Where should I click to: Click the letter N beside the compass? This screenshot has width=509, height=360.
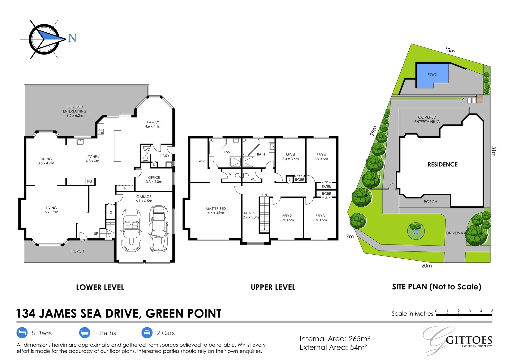(72, 38)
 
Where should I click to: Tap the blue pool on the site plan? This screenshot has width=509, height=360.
(432, 75)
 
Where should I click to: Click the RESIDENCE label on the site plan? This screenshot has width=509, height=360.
(442, 164)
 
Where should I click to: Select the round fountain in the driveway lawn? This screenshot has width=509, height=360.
(416, 231)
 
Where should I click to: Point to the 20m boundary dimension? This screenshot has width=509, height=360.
(426, 266)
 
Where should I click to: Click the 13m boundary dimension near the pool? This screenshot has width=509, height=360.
(450, 50)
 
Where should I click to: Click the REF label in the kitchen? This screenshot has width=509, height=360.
(90, 181)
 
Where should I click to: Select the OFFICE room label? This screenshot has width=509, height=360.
(154, 178)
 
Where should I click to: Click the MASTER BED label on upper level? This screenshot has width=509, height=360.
(216, 209)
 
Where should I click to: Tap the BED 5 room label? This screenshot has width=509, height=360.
(290, 155)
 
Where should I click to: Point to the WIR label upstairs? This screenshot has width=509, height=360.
(201, 161)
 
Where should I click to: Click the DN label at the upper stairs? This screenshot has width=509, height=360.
(264, 195)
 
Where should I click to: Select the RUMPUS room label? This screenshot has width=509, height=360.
(251, 213)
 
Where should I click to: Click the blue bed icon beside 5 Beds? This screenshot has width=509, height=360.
(22, 333)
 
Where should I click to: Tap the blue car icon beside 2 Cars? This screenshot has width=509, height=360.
(147, 333)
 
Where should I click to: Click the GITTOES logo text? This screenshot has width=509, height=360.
(469, 340)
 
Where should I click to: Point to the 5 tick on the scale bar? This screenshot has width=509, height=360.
(492, 311)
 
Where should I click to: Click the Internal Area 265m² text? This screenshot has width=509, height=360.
(334, 339)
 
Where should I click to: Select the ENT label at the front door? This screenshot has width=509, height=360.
(83, 240)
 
